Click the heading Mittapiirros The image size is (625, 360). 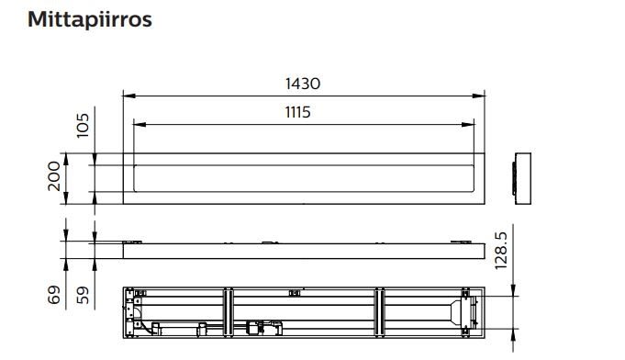click(90, 19)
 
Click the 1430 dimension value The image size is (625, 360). click(303, 84)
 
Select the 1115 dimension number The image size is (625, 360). click(297, 112)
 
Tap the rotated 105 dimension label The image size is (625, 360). click(83, 126)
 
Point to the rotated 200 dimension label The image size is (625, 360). click(54, 176)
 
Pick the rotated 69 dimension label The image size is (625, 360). click(54, 295)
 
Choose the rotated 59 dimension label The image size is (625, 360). click(83, 295)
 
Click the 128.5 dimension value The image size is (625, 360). click(500, 251)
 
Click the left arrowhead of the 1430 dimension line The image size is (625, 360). click(129, 96)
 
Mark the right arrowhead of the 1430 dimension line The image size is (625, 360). click(478, 96)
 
